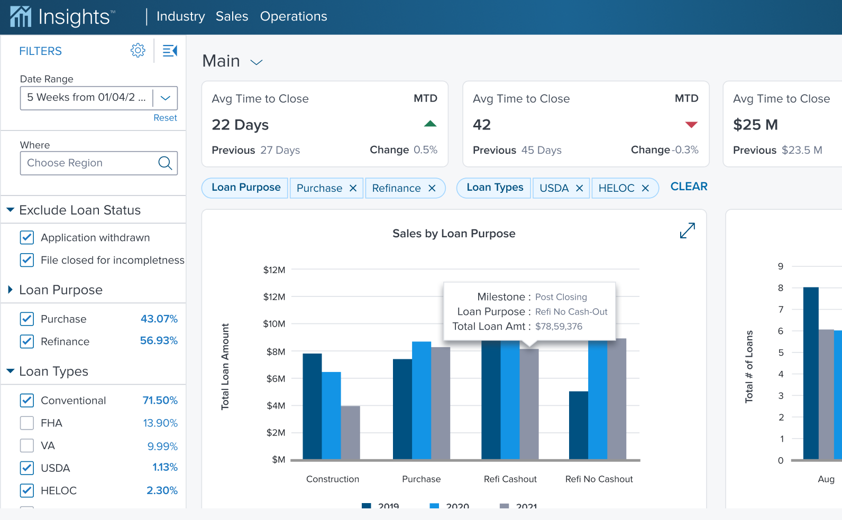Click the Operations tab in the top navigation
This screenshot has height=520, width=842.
pyautogui.click(x=294, y=16)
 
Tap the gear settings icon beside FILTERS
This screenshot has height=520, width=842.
pyautogui.click(x=138, y=51)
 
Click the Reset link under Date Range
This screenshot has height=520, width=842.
pyautogui.click(x=165, y=118)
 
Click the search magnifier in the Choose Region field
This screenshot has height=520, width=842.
pyautogui.click(x=165, y=163)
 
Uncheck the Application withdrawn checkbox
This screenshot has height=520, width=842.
pyautogui.click(x=27, y=238)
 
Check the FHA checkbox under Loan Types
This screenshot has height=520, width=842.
pyautogui.click(x=27, y=423)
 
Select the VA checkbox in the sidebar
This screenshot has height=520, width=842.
pyautogui.click(x=27, y=446)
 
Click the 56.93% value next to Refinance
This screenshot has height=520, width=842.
pyautogui.click(x=159, y=341)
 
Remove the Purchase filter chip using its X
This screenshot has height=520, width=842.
pyautogui.click(x=353, y=188)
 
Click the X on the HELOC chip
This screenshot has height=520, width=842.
pyautogui.click(x=645, y=188)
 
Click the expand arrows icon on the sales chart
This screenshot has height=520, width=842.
pyautogui.click(x=687, y=231)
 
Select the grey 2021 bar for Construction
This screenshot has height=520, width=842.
pyautogui.click(x=350, y=433)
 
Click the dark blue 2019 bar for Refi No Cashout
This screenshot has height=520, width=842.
pyautogui.click(x=578, y=425)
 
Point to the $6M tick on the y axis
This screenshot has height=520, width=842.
pyautogui.click(x=276, y=379)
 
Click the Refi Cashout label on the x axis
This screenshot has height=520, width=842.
pyautogui.click(x=510, y=479)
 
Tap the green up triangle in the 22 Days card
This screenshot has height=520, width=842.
pyautogui.click(x=430, y=124)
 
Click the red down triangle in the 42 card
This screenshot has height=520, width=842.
pyautogui.click(x=691, y=125)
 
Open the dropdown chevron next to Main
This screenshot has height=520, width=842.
pyautogui.click(x=257, y=62)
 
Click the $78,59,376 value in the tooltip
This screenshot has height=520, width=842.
pyautogui.click(x=559, y=327)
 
